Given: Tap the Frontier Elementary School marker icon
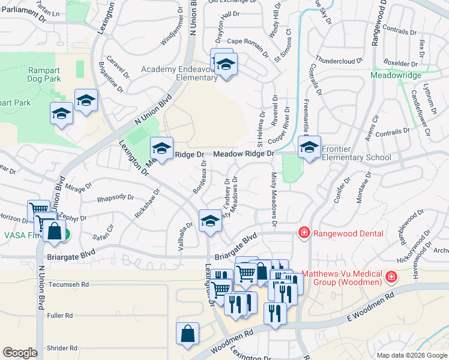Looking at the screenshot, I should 310,147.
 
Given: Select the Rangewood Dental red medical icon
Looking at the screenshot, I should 304,233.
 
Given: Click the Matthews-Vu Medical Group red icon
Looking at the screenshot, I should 391,277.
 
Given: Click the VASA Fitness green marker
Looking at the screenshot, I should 66,236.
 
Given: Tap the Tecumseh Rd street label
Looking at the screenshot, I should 69,284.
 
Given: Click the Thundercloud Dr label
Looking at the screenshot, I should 340,61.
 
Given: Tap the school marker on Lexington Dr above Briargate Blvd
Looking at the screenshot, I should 210,221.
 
